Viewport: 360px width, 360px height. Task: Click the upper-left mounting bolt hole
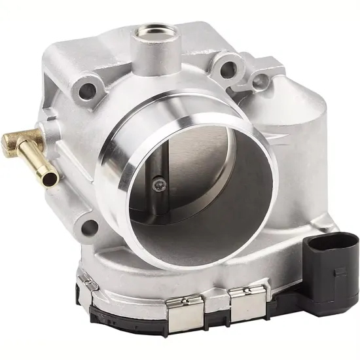click(x=86, y=91)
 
